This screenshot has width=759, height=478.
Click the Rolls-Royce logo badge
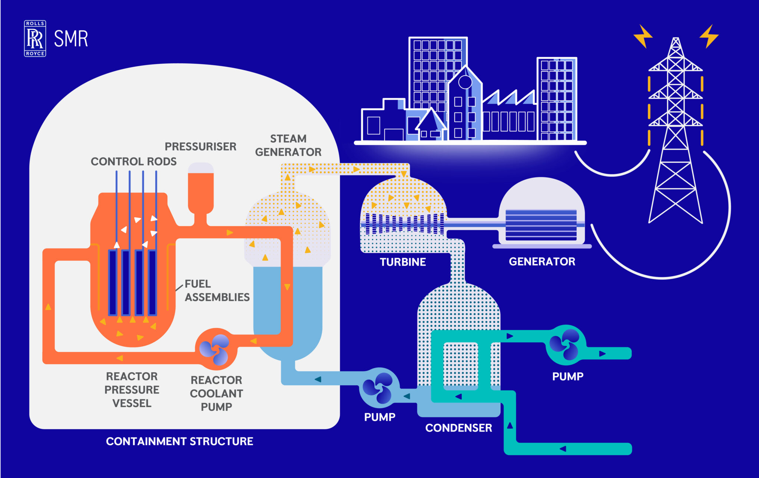coord(35,39)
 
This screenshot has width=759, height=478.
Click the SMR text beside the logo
coord(71,39)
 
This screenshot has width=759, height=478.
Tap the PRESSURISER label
coord(200,146)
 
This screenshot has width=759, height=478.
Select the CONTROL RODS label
coord(133,161)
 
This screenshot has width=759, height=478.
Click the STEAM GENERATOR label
coord(288,145)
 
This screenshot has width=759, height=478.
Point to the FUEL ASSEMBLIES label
coord(217,290)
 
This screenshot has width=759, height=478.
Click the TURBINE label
coord(402,262)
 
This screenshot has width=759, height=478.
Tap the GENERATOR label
coord(542,261)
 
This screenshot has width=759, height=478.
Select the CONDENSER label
coord(458,428)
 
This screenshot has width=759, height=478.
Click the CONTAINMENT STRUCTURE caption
coord(179,441)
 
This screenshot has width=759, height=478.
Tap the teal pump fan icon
coord(564,345)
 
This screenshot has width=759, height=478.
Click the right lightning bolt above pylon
coord(709,36)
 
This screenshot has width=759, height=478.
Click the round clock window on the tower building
coord(465,82)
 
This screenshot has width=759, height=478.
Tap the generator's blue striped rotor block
coord(541,225)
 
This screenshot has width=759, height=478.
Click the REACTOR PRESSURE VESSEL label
coord(132,390)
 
